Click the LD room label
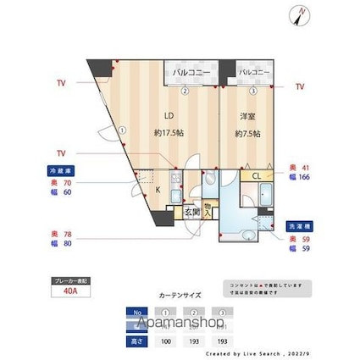tap(169, 116)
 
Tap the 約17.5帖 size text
tap(169, 132)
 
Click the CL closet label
tap(256, 175)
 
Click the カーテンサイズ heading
tap(180, 296)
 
